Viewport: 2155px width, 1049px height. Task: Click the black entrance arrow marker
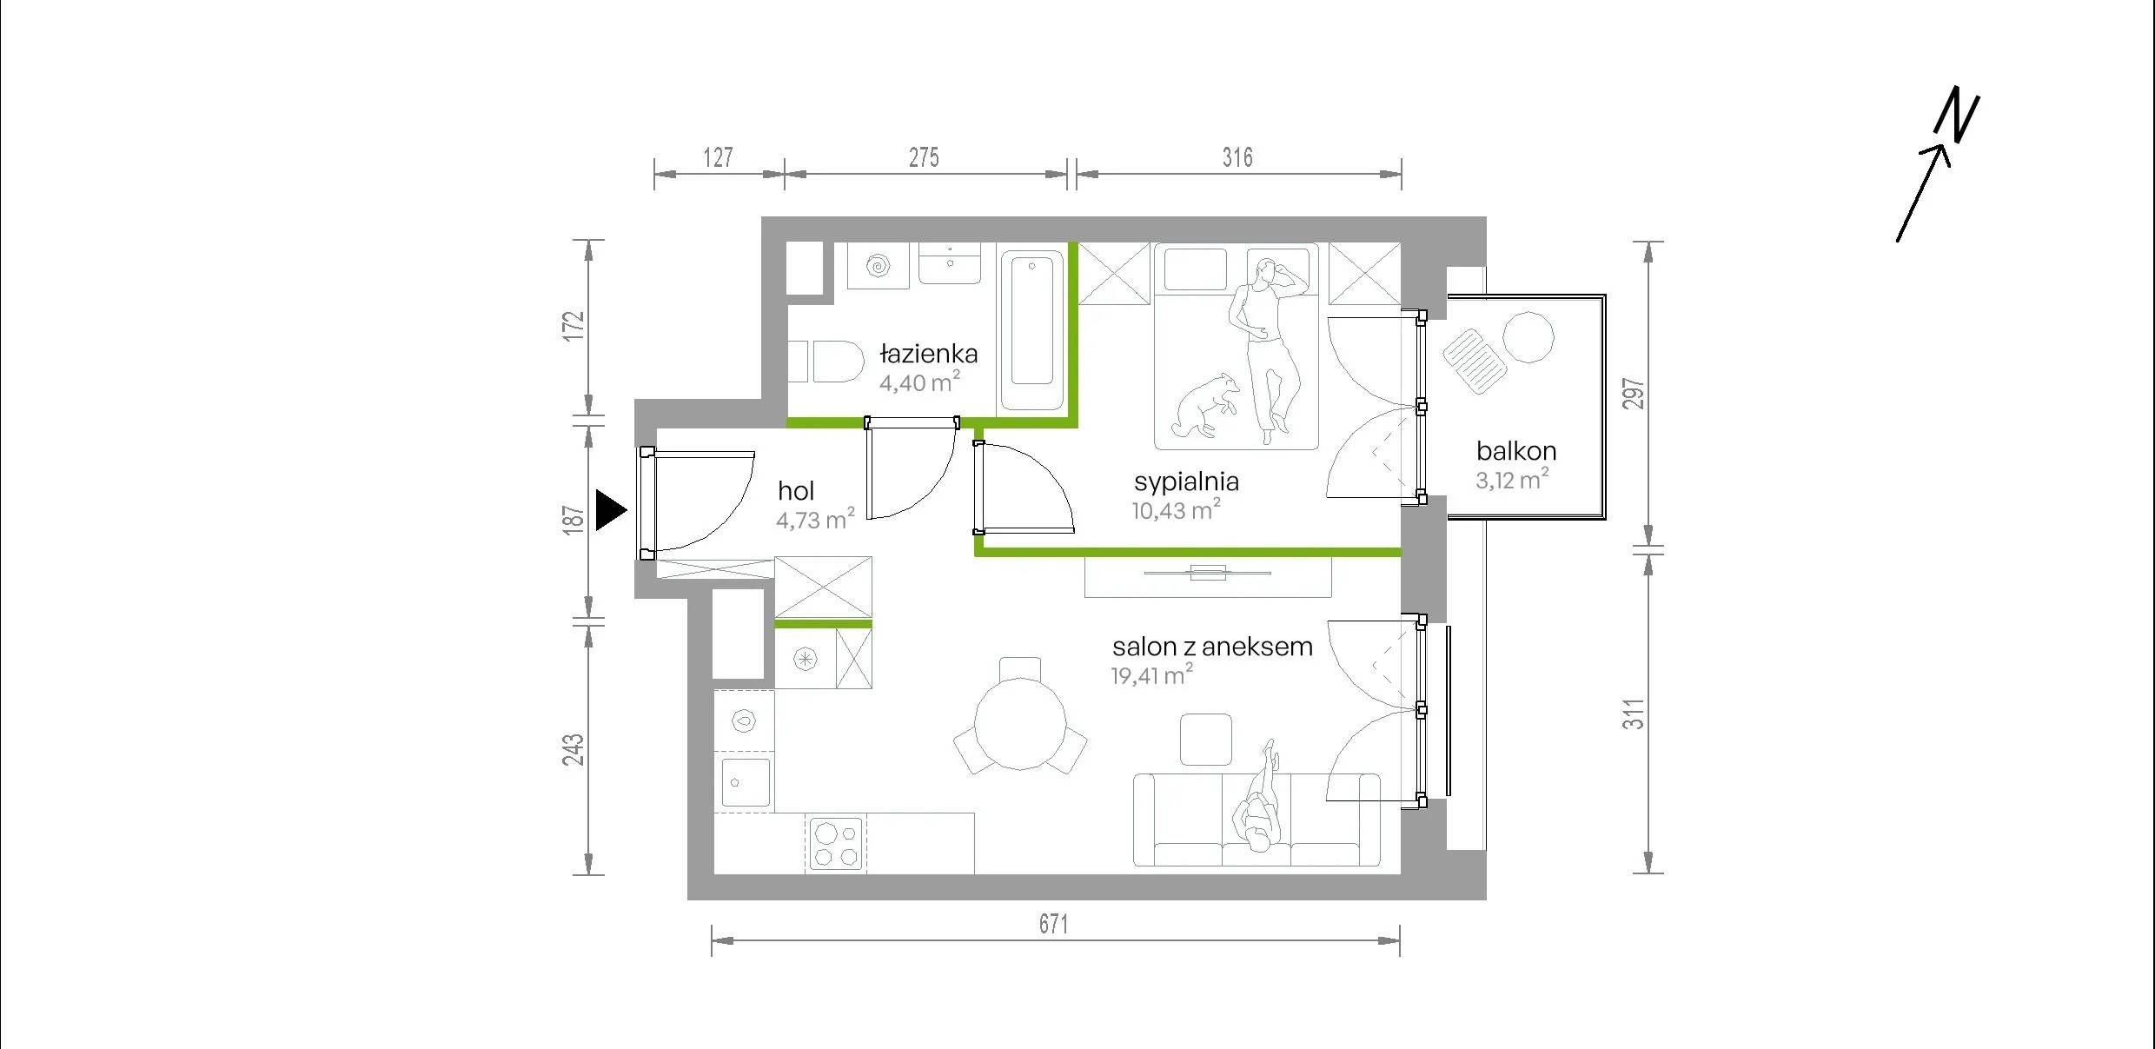[x=610, y=509]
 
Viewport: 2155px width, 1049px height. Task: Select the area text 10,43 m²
[x=1176, y=509]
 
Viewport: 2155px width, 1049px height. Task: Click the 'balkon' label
[x=1516, y=450]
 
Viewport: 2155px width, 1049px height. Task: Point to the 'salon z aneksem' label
[x=1212, y=647]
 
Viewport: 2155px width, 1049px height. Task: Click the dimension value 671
[x=1053, y=924]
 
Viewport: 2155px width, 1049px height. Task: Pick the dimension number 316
[x=1237, y=157]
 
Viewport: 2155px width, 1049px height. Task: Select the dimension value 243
[x=574, y=750]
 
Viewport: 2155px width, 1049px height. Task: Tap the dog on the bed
[x=1204, y=405]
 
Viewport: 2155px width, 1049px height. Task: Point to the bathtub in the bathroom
[x=1031, y=330]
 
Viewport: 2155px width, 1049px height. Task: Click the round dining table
[x=1020, y=724]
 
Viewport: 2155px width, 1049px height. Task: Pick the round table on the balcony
[x=1528, y=336]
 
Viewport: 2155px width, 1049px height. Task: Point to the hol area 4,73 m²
[x=815, y=519]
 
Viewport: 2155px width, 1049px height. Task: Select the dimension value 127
[x=718, y=157]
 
